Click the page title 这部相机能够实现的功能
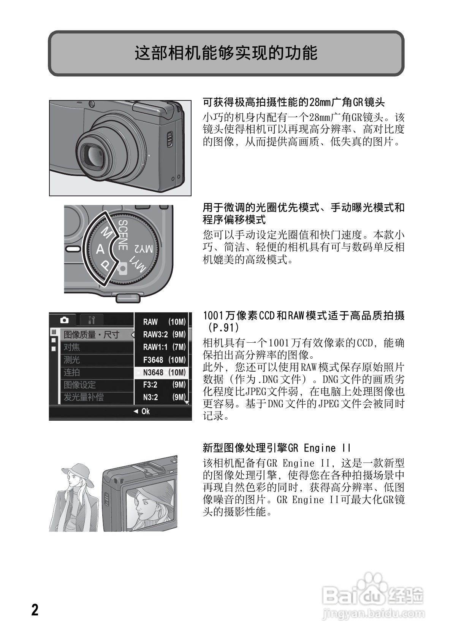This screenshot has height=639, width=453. pos(226,53)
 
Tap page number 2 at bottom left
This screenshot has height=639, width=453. pos(35,610)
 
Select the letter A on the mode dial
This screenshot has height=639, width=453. pos(100,249)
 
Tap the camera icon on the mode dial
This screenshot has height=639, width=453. pos(122,269)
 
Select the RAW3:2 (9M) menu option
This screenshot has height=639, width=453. pos(164,334)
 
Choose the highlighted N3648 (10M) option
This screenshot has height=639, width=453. pos(164,372)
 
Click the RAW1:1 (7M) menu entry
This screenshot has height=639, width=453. pos(164,347)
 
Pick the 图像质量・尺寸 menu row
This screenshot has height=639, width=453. pos(91,335)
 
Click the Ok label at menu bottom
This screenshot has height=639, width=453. pos(145,411)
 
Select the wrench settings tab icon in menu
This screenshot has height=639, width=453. pos(91,320)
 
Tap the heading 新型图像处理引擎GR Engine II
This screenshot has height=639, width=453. pos(276,448)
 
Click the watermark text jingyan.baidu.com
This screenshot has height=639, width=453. pos(373,613)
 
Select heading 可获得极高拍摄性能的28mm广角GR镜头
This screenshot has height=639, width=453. pos(293,102)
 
